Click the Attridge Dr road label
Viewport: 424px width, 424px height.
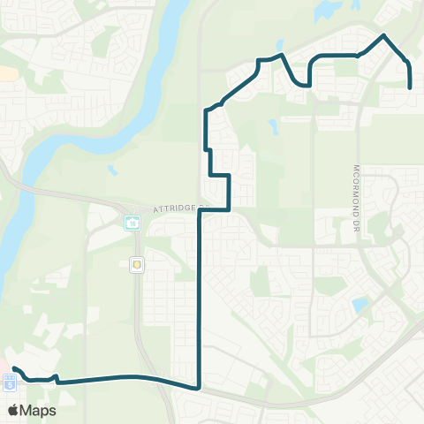[178, 209]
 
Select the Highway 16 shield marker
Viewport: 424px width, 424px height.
[132, 223]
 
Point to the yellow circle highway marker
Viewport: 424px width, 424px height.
[137, 262]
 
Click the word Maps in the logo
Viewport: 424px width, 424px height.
[38, 410]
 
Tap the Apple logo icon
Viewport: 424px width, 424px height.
[13, 410]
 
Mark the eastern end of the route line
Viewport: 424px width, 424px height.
[411, 87]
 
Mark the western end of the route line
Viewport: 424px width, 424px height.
[14, 368]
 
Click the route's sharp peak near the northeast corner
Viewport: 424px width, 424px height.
[383, 35]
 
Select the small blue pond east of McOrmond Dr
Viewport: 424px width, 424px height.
[360, 306]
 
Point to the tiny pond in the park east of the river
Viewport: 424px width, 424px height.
[113, 170]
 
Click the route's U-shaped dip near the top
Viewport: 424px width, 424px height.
[301, 84]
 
